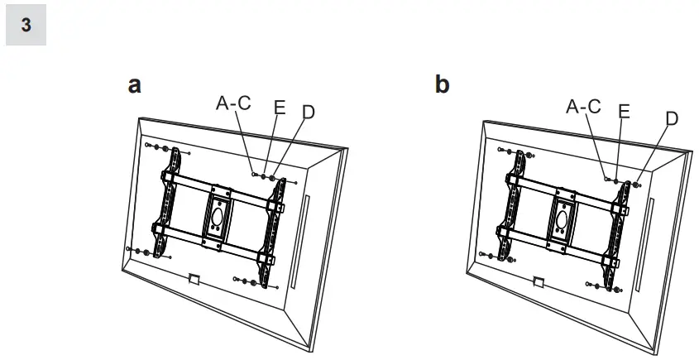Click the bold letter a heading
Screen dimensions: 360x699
pos(134,85)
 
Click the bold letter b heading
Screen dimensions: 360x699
pos(443,85)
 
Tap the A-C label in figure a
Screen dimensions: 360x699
pos(233,103)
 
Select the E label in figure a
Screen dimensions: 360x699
pos(279,107)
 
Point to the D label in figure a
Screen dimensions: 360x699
pos(309,112)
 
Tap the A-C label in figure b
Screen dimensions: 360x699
pos(583,106)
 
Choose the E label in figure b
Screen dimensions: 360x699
pos(624,110)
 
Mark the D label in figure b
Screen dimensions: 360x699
pos(671,118)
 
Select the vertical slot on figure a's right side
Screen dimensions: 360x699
pos(305,231)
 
